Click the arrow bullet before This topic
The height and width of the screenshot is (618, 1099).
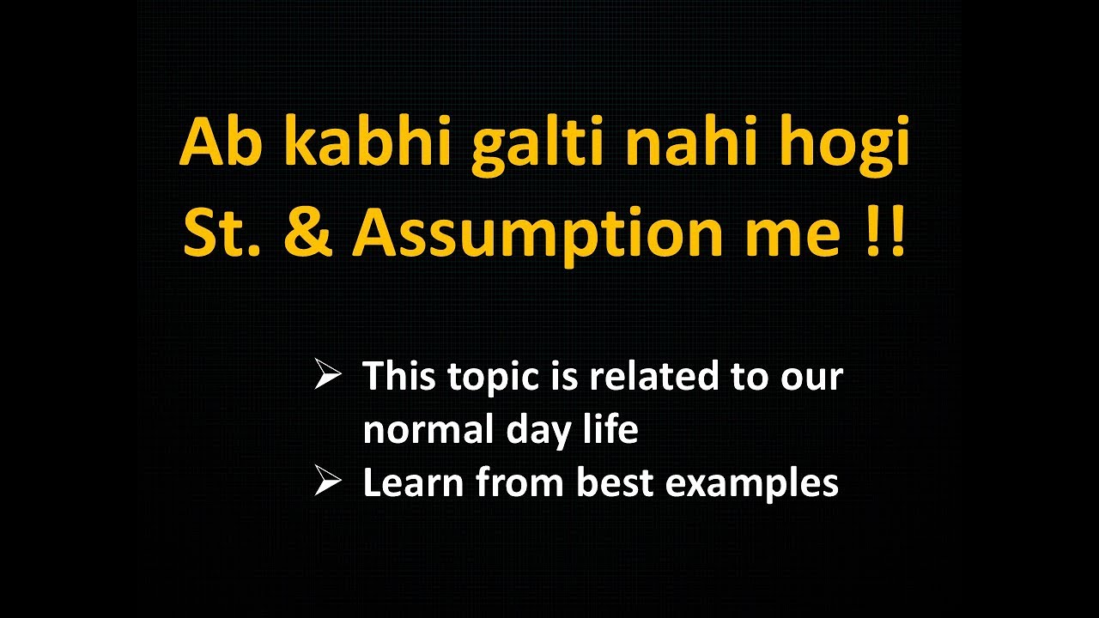coord(328,376)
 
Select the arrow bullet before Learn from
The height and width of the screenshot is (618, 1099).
coord(328,482)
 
